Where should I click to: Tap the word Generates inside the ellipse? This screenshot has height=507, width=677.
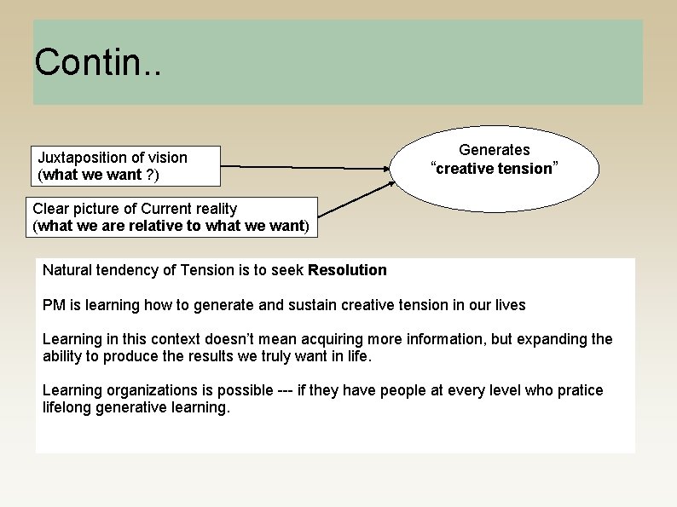point(495,150)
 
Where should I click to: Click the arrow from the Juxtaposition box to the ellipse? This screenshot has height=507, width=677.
point(307,168)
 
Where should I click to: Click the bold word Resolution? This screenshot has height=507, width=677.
point(347,270)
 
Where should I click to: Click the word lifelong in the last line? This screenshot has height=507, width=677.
point(69,407)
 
